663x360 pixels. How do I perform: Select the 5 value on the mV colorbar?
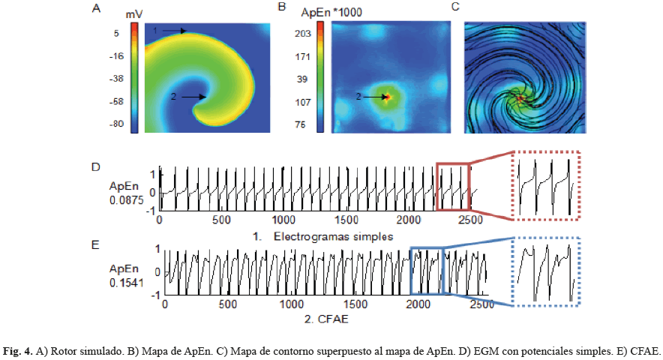(x=118, y=34)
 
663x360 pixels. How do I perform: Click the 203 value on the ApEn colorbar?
(x=302, y=34)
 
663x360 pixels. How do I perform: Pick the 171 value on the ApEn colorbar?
(x=302, y=56)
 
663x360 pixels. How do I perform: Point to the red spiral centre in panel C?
(x=520, y=97)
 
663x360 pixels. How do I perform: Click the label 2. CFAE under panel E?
(x=325, y=319)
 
